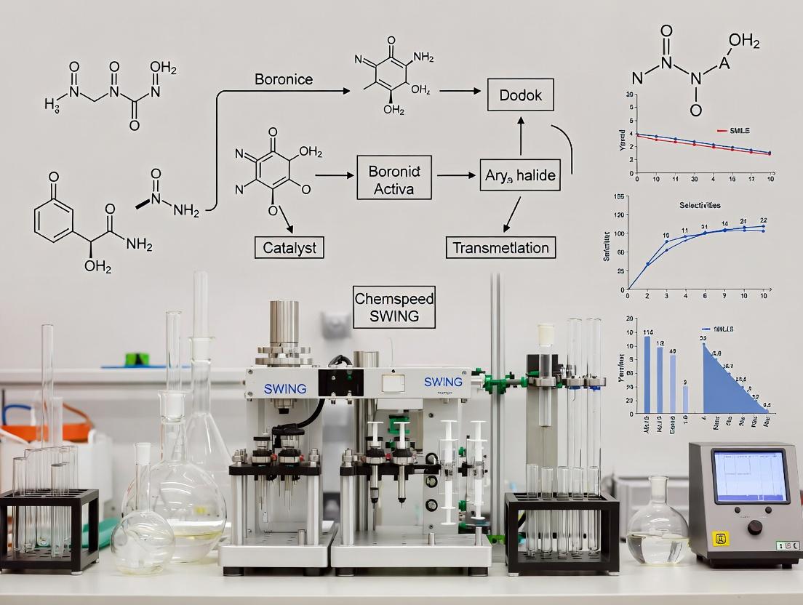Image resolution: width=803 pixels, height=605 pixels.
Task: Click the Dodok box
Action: (521, 95)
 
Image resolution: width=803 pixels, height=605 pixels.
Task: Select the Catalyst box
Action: (289, 247)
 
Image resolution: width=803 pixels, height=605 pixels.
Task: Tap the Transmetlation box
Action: (500, 247)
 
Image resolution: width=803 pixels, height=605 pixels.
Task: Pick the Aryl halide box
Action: (519, 176)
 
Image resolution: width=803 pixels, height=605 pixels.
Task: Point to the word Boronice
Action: (284, 79)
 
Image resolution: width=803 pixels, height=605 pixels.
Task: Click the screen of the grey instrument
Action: (749, 476)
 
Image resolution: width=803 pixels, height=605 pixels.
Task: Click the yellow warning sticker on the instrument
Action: (719, 538)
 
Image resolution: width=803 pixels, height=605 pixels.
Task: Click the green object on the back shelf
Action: (137, 359)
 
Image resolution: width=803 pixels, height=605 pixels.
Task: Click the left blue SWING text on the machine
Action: (285, 389)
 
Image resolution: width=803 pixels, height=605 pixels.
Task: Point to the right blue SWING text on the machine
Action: (442, 382)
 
